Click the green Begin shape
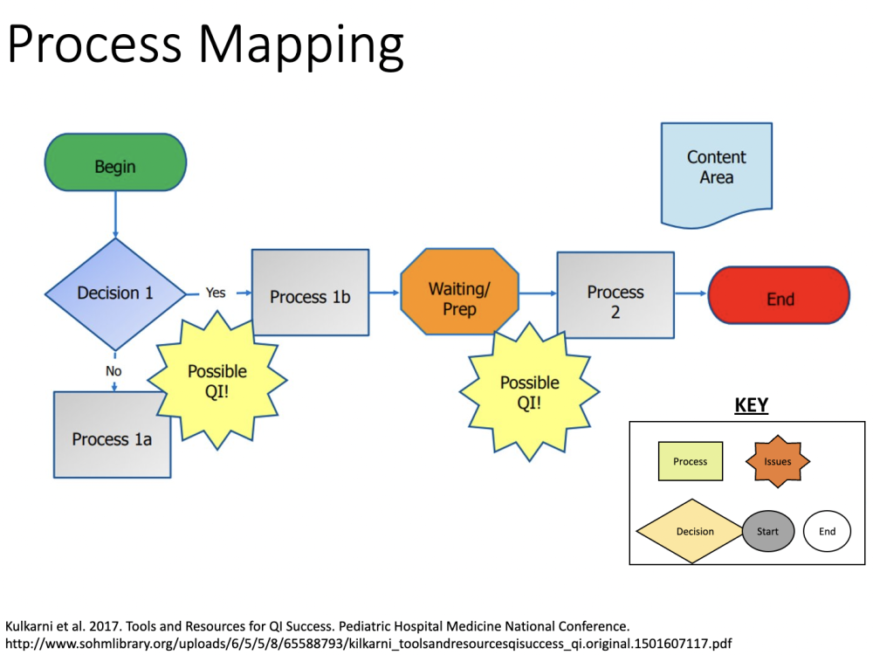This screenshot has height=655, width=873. [x=116, y=162]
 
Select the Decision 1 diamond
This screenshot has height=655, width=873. [x=116, y=294]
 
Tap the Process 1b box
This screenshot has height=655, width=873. [x=310, y=293]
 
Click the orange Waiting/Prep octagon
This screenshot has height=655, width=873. [x=460, y=292]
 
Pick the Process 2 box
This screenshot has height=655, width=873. [x=615, y=295]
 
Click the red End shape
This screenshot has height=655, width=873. [x=779, y=295]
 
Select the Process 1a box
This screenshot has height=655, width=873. [x=113, y=434]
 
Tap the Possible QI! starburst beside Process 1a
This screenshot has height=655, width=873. [x=217, y=381]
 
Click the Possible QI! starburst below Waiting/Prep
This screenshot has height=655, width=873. [x=530, y=392]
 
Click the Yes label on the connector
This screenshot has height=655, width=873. [x=216, y=293]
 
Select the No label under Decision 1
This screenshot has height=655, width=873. [x=113, y=371]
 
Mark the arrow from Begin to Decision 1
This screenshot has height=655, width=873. [x=116, y=215]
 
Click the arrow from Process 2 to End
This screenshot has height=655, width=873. [x=691, y=293]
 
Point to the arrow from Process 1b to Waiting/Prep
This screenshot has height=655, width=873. [x=385, y=293]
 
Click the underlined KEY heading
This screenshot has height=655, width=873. [x=752, y=405]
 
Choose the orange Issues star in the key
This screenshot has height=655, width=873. [x=778, y=461]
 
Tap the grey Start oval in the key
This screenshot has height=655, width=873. [x=768, y=531]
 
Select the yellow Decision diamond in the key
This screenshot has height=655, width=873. [x=692, y=531]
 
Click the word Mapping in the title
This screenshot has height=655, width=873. [x=301, y=45]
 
